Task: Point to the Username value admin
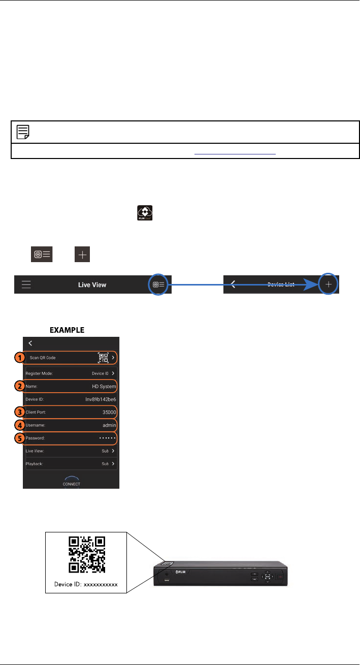tap(109, 424)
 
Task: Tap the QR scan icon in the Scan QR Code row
tap(104, 358)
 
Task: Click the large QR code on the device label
tap(86, 554)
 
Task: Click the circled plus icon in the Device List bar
tap(329, 284)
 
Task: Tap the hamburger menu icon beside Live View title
tap(26, 284)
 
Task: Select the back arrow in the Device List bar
tap(233, 284)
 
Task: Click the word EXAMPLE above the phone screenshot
tap(67, 330)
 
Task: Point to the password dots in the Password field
tap(108, 437)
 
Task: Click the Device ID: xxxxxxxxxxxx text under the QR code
tap(86, 584)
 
